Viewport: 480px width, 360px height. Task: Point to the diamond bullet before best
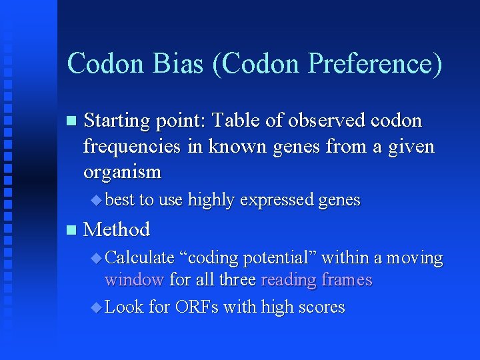pos(97,199)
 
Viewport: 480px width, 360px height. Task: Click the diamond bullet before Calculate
pos(97,257)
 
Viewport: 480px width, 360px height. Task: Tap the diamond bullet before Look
pos(97,307)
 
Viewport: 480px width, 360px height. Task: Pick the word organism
pos(122,172)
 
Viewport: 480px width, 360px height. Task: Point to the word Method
pos(117,229)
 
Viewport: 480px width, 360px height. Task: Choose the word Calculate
pos(139,258)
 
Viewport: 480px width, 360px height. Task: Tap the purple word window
pos(134,280)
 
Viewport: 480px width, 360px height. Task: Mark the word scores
pos(320,308)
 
